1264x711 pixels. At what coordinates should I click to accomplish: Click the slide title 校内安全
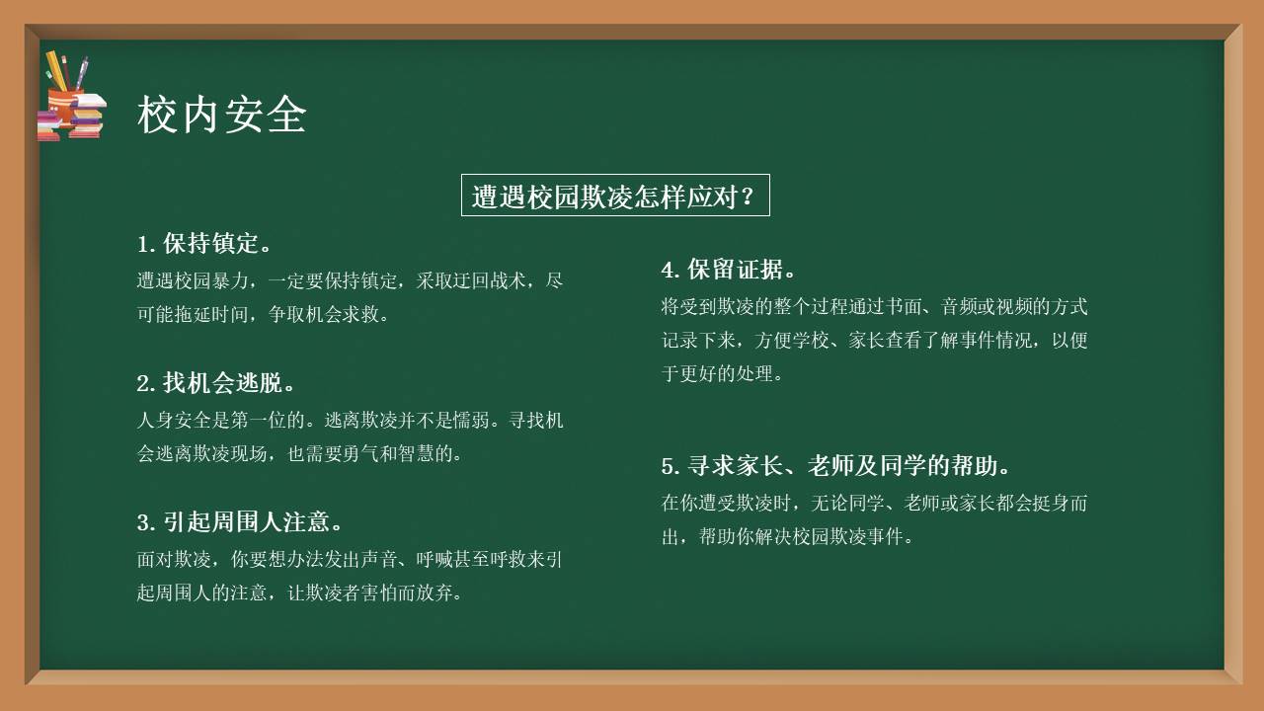(x=221, y=115)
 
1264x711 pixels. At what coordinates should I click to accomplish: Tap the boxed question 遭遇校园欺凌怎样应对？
(x=614, y=196)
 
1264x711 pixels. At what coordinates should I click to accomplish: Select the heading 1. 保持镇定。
(x=204, y=244)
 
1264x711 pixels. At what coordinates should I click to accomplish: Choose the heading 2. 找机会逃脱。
(x=216, y=383)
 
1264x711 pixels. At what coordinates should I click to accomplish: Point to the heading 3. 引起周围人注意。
(x=240, y=522)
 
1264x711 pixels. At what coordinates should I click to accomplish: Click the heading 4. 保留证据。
(x=728, y=270)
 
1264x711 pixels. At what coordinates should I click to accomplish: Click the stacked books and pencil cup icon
(x=71, y=98)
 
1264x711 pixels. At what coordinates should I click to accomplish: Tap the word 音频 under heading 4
(x=936, y=307)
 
